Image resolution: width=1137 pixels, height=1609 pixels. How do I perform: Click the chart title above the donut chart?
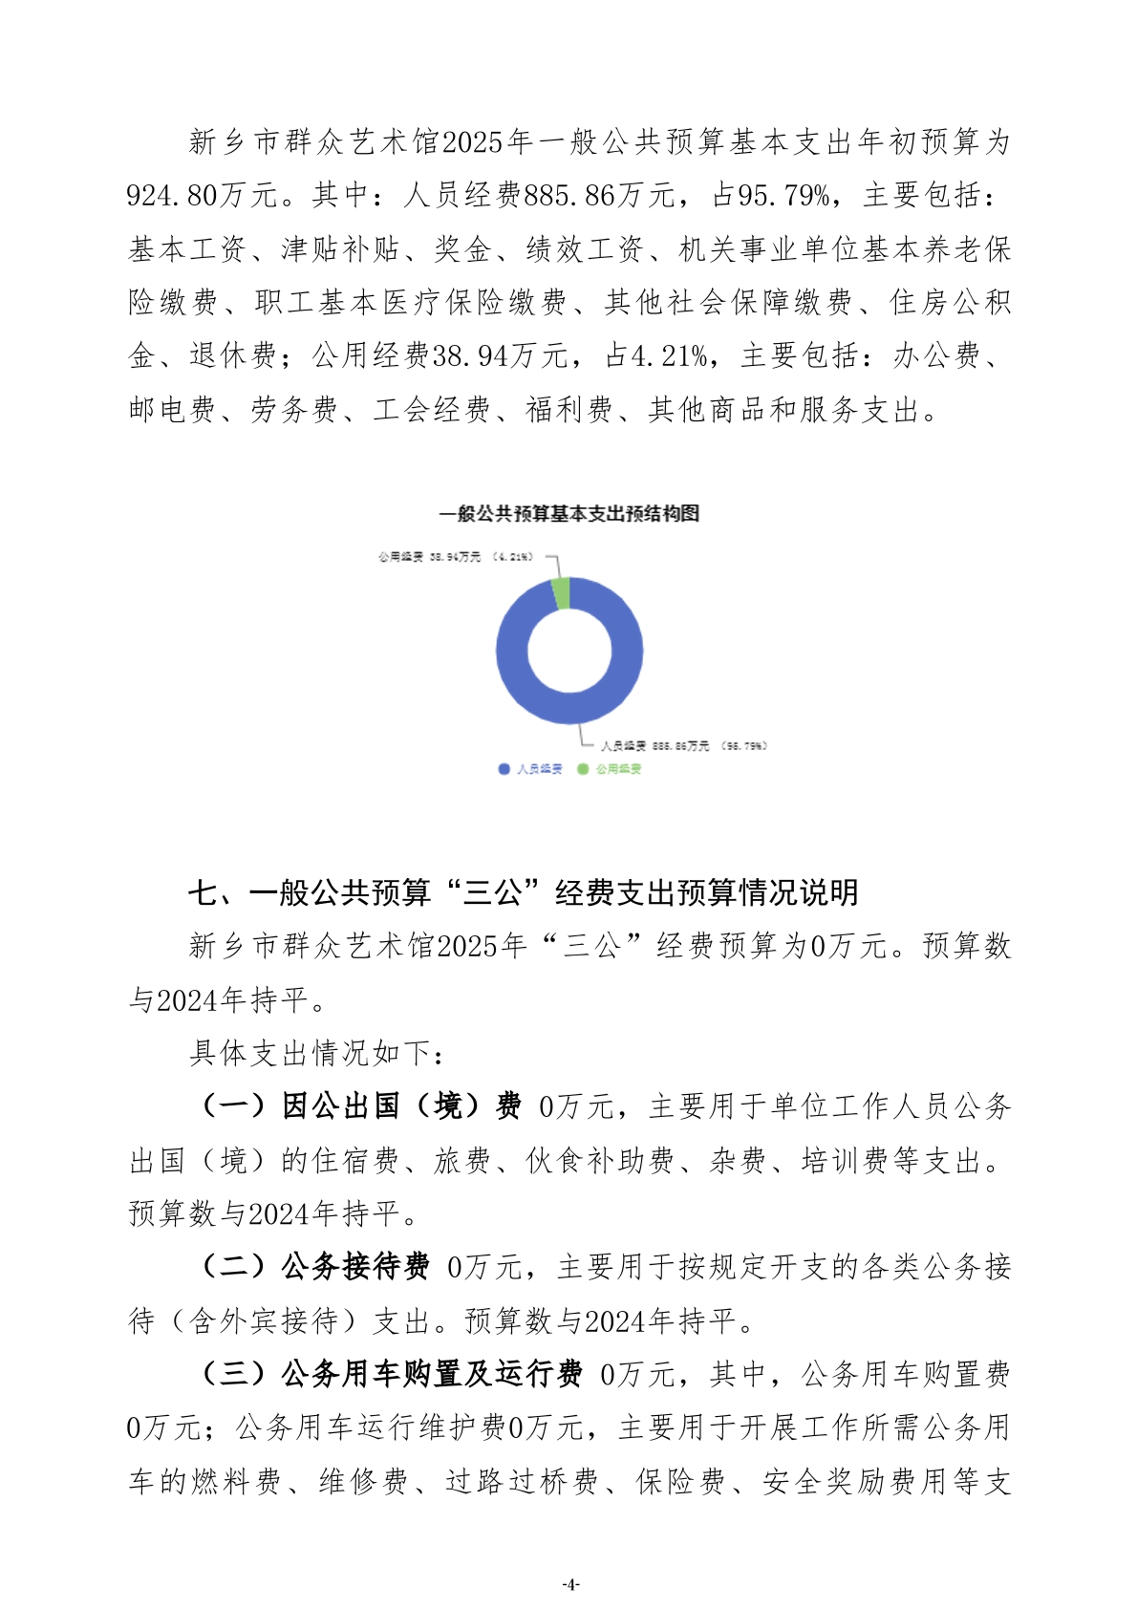[568, 514]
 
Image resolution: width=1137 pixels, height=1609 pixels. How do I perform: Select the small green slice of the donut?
[562, 593]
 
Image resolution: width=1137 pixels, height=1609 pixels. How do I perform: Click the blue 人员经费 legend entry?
[531, 769]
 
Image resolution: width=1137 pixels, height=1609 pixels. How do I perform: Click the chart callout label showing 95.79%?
[683, 746]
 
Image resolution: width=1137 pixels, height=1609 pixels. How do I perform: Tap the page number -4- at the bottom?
[569, 1583]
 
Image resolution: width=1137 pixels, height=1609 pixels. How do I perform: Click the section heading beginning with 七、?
[523, 892]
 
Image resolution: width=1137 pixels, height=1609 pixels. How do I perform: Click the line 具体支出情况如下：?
[316, 1053]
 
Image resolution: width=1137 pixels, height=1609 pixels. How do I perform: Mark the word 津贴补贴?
[340, 249]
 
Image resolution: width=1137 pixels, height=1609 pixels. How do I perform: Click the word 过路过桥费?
[522, 1482]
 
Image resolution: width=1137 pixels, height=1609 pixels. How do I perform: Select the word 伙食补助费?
[600, 1161]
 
